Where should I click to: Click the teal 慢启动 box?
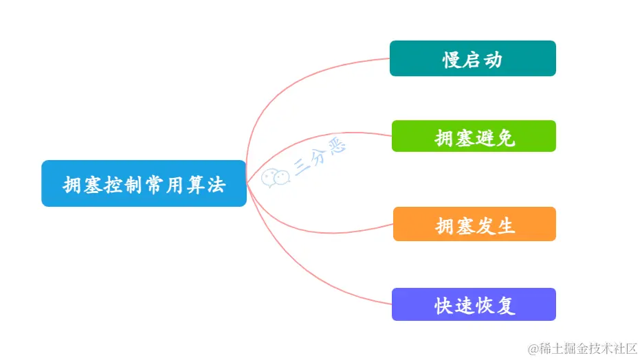(x=472, y=58)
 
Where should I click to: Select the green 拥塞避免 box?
(x=474, y=136)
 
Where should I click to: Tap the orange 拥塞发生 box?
(x=474, y=224)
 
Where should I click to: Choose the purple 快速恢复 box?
(x=474, y=304)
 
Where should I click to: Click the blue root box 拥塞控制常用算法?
(x=144, y=183)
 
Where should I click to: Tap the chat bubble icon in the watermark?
(x=275, y=177)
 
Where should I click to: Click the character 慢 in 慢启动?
(x=452, y=60)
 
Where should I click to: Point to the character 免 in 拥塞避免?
(x=506, y=138)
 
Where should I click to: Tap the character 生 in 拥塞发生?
(x=506, y=225)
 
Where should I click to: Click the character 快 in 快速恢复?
(x=444, y=306)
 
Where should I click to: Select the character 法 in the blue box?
(x=216, y=185)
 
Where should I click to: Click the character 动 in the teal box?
(x=493, y=60)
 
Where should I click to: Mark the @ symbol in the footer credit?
(x=531, y=349)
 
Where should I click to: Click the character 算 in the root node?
(x=195, y=185)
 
